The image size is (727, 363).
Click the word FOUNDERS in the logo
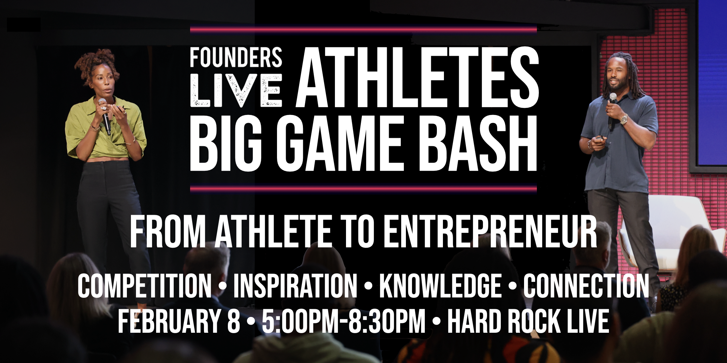point(236,57)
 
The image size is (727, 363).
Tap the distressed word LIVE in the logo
point(236,90)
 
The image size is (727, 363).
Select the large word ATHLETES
point(417,78)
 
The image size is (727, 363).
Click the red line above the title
point(363,30)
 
